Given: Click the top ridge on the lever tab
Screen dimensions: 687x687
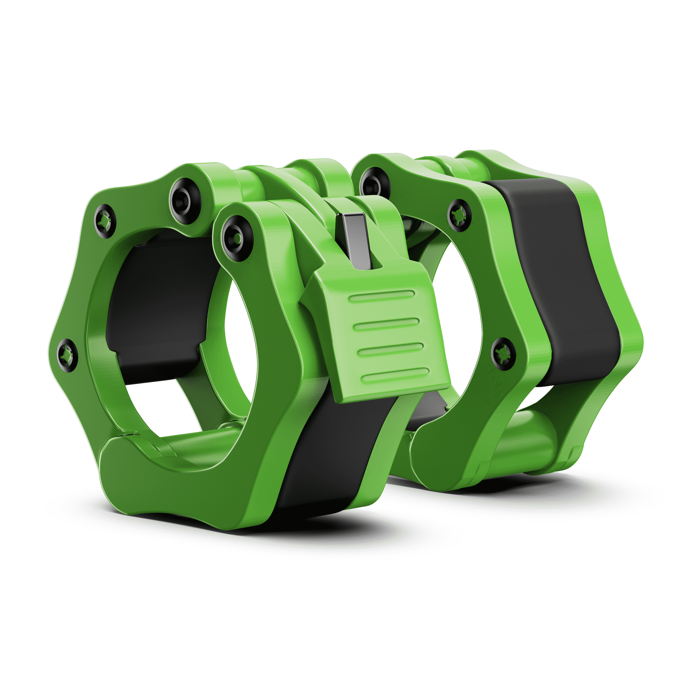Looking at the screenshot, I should [x=382, y=296].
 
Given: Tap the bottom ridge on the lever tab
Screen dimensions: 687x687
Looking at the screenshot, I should [x=395, y=374].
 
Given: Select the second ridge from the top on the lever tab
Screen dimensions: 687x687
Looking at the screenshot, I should [x=386, y=324].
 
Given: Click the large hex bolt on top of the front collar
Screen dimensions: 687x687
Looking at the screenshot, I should [x=185, y=201].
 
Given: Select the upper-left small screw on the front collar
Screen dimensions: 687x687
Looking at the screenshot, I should [x=105, y=221].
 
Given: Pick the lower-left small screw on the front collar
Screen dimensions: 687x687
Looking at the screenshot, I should [x=67, y=355].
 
